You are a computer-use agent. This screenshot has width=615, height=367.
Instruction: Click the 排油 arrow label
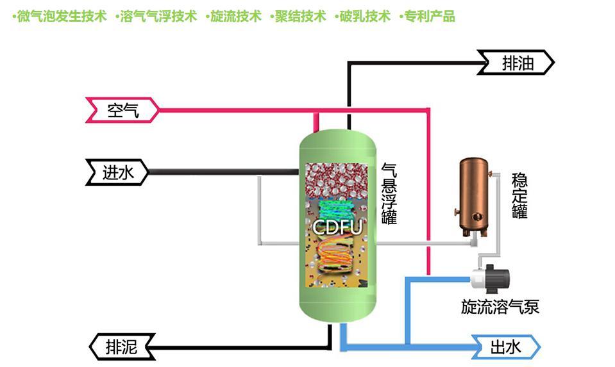coord(517,63)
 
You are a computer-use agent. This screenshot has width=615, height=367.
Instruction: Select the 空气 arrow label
coord(122,111)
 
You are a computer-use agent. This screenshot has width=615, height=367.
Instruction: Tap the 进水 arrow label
coord(118,172)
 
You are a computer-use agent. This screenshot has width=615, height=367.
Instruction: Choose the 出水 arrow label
coord(506,347)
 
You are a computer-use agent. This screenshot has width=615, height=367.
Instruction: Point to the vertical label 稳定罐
coord(519,195)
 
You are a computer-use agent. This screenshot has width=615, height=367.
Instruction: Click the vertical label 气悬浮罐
coord(389,193)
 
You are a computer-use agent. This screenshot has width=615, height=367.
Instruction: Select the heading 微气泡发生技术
coord(61,17)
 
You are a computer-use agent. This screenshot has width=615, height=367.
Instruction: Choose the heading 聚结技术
coord(299,17)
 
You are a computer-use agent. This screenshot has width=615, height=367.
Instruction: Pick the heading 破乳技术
coord(363,17)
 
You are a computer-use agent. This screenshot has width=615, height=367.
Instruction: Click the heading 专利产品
coord(428,17)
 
